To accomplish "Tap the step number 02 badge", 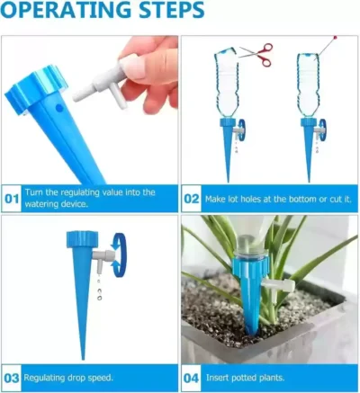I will [192, 197].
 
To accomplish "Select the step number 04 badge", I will [192, 378].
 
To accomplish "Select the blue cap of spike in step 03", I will [81, 238].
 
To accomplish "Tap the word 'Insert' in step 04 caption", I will [220, 378].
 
